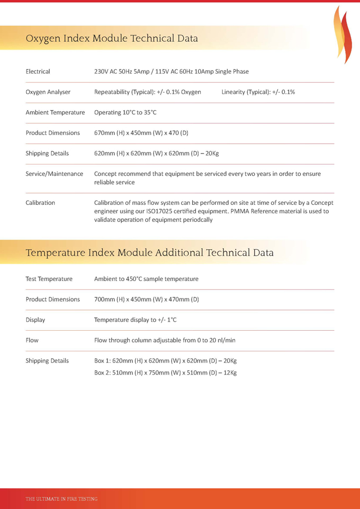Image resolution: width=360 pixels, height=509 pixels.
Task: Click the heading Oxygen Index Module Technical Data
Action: (112, 39)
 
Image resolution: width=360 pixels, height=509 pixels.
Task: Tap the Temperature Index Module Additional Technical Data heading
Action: (149, 253)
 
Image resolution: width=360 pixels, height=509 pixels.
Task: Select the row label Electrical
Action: (38, 71)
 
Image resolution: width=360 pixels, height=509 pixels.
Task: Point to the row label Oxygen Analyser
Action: (48, 92)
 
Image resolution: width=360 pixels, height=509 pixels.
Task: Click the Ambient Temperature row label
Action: (55, 113)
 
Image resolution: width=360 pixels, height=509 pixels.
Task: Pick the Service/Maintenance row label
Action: (55, 174)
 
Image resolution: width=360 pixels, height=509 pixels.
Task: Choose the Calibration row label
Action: (40, 203)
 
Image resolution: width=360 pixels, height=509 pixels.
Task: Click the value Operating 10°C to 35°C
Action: (125, 113)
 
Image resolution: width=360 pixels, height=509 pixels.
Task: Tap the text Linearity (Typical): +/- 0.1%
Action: (258, 92)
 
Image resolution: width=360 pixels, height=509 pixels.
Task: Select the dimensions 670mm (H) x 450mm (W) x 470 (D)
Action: (141, 133)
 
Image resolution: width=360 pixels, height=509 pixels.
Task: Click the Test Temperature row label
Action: (49, 279)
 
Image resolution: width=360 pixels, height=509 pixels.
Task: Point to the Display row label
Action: (35, 320)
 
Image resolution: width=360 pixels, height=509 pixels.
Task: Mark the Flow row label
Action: (32, 340)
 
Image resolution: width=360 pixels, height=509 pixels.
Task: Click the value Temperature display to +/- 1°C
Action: (135, 320)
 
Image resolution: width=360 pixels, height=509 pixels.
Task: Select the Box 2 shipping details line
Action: (165, 373)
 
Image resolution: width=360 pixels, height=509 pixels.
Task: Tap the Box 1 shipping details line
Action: (165, 361)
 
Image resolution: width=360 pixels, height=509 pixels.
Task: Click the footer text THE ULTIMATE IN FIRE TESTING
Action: (61, 499)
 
